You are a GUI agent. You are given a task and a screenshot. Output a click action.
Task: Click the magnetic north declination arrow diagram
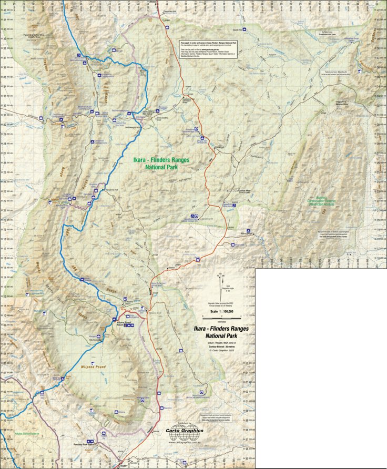pos(221,284)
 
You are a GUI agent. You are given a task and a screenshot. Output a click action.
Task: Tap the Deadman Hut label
pos(168,10)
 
